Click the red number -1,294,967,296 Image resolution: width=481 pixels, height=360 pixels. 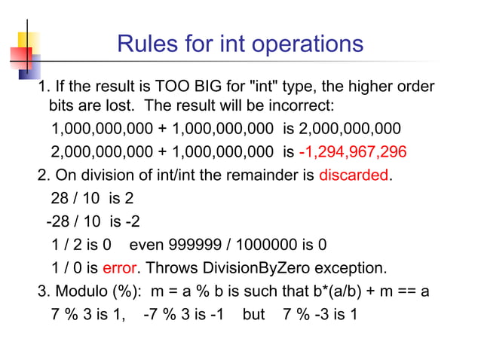[353, 152]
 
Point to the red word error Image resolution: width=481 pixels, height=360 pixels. [119, 267]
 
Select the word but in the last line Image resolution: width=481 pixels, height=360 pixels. [254, 313]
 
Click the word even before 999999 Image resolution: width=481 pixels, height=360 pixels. [148, 245]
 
